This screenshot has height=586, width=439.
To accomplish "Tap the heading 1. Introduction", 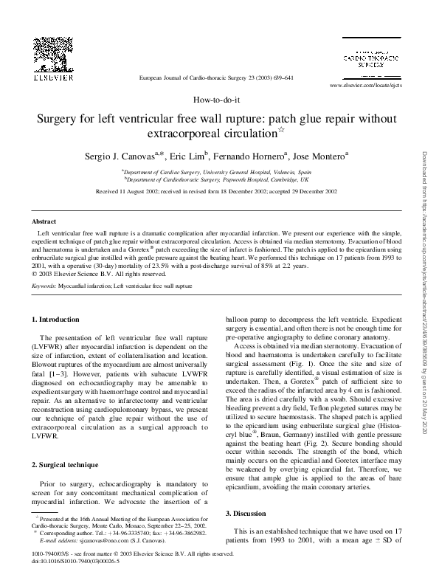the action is (x=58, y=318).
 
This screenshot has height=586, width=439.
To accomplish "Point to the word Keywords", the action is (x=44, y=284).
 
